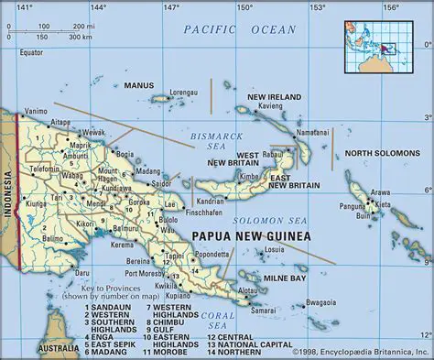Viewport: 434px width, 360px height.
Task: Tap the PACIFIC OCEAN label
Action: (x=239, y=30)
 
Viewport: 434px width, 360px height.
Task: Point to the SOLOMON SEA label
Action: (x=269, y=221)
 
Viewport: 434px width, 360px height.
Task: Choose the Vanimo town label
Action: (x=37, y=109)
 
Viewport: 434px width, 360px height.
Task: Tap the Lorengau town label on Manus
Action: (x=183, y=92)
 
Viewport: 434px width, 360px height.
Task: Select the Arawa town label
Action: (x=379, y=192)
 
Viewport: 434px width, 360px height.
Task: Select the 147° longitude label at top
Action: (x=170, y=7)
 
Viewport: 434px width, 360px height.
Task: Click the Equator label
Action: (x=32, y=51)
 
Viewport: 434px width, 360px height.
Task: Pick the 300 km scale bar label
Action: (x=80, y=38)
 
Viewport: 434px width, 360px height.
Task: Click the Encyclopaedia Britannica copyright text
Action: (x=360, y=351)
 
